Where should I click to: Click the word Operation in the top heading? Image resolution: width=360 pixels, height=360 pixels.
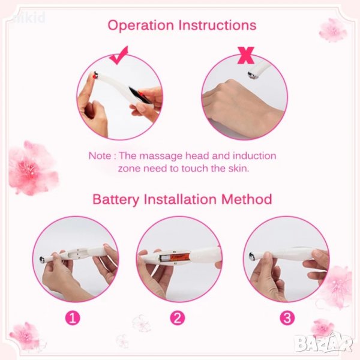tap(140, 25)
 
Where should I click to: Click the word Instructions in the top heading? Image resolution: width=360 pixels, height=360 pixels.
tap(217, 25)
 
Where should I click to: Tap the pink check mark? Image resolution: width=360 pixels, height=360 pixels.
tap(119, 55)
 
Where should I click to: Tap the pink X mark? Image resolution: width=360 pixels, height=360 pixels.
tap(246, 55)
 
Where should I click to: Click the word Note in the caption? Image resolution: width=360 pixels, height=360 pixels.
tap(100, 156)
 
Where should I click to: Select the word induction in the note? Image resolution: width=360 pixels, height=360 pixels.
tap(254, 155)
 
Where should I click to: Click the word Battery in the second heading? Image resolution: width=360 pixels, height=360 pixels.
tap(116, 200)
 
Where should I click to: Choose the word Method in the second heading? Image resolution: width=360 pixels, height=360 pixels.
tap(247, 199)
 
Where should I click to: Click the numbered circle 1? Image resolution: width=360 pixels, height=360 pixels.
tap(73, 318)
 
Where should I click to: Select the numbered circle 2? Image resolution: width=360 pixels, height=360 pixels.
tap(177, 318)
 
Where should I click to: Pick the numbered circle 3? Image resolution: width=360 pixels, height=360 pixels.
tap(287, 318)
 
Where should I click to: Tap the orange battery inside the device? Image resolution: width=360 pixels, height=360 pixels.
tap(176, 257)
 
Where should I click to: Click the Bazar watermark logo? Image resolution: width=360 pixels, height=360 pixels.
tap(324, 343)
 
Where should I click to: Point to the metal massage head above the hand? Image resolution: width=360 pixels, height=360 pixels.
tap(252, 75)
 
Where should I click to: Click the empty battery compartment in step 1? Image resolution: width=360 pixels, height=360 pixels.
tap(77, 253)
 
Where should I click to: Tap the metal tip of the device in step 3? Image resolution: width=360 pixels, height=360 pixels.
tap(251, 256)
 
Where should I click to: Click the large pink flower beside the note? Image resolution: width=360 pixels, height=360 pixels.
tap(32, 168)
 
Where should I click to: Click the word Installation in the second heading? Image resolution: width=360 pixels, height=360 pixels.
tap(180, 199)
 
